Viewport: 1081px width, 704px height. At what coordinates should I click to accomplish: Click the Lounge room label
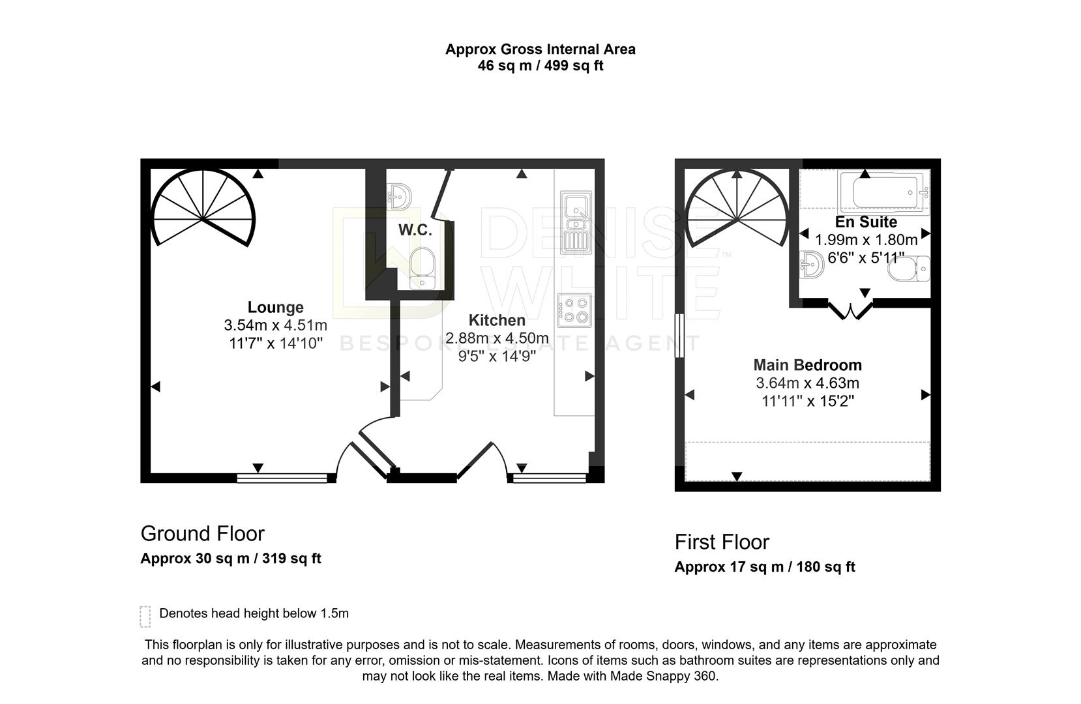point(275,307)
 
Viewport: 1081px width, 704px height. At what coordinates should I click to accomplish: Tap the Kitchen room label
point(497,320)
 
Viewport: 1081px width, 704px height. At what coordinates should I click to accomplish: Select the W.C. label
point(415,230)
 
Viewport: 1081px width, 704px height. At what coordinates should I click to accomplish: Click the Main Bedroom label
point(807,365)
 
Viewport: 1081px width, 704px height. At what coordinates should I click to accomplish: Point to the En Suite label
point(866,222)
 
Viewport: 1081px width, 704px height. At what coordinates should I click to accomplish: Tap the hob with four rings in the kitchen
point(574,310)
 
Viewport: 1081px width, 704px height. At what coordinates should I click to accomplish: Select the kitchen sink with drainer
point(574,222)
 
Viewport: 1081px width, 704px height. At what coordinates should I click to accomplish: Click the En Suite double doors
point(850,310)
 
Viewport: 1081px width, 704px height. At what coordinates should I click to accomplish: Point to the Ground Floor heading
point(202,534)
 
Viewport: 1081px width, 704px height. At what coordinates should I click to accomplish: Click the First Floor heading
point(722,542)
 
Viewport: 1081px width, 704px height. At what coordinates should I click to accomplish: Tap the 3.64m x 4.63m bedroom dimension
point(807,383)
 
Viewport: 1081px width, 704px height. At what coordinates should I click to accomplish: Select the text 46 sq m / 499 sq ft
point(540,66)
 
